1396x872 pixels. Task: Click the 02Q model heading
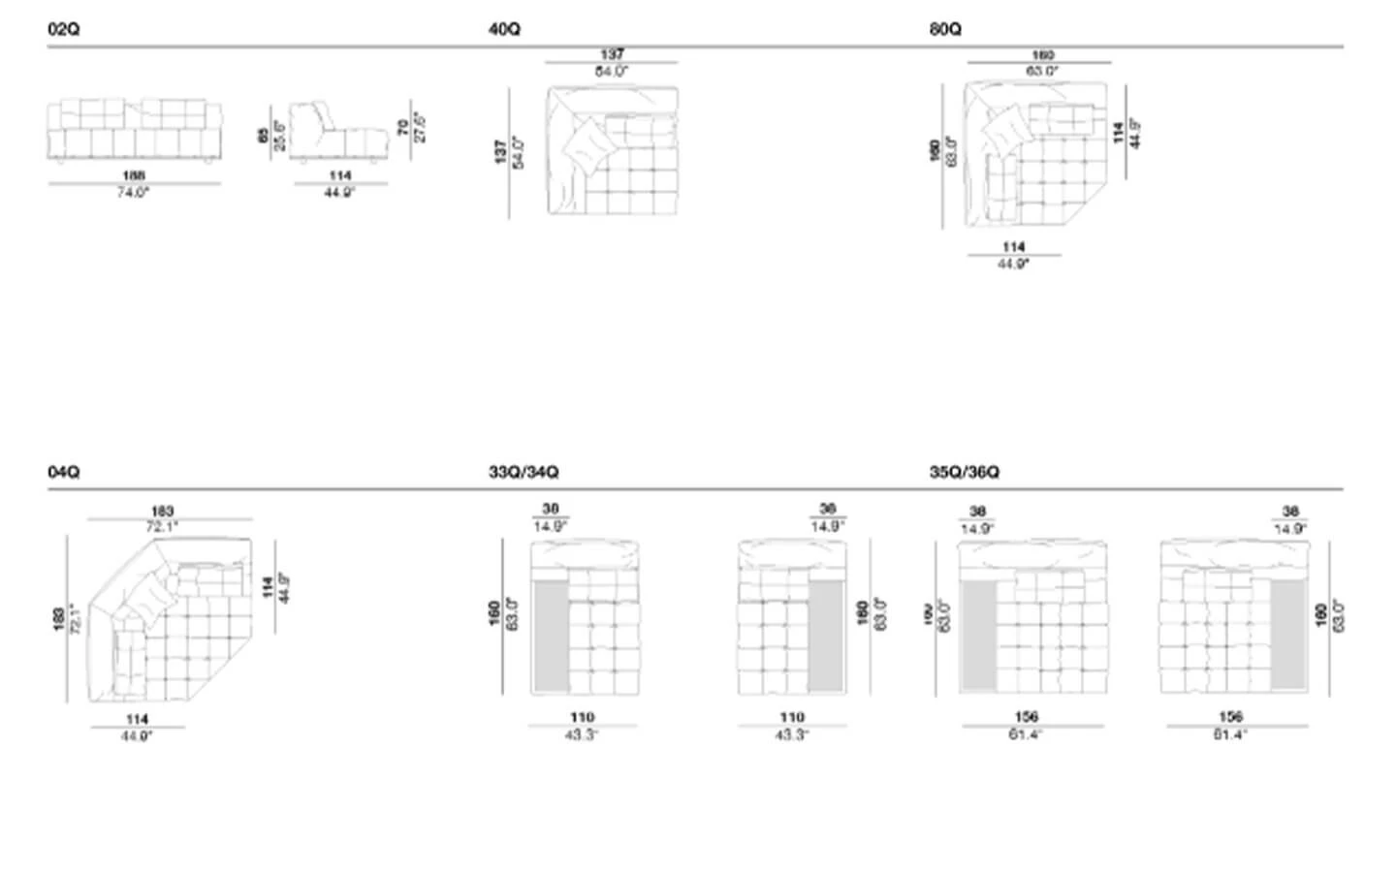63,30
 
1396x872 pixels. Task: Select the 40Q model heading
504,30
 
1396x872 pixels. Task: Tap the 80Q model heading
945,30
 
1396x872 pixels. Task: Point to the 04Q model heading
63,472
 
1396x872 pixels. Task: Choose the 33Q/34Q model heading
523,472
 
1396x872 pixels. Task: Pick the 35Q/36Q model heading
965,472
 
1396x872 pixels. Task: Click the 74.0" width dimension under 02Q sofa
134,193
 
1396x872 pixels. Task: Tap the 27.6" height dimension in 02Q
420,127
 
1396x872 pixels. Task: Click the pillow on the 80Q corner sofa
1003,129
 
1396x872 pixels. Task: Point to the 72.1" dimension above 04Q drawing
162,527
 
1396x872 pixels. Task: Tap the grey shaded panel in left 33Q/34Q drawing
551,636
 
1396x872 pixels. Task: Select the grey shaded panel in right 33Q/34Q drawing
826,636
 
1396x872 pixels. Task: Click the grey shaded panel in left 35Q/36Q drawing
978,636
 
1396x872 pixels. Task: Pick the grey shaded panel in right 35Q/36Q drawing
1289,636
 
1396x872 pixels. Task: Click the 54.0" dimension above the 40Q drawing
612,72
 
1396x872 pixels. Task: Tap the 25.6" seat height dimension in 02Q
279,136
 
